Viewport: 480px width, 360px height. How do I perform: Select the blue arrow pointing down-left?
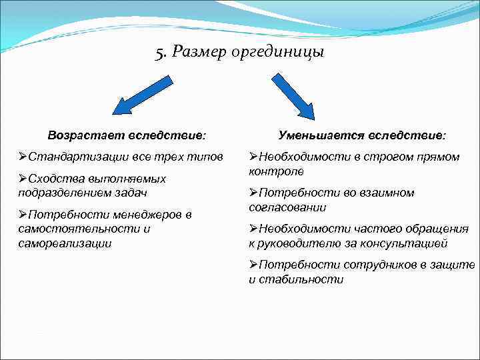141,96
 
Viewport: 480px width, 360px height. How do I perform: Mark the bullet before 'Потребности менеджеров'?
23,215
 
